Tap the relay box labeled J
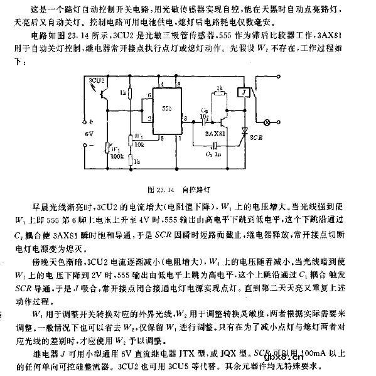(x=240, y=92)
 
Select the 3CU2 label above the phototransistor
(x=97, y=80)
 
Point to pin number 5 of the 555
(x=163, y=137)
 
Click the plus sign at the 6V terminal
(x=90, y=124)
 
